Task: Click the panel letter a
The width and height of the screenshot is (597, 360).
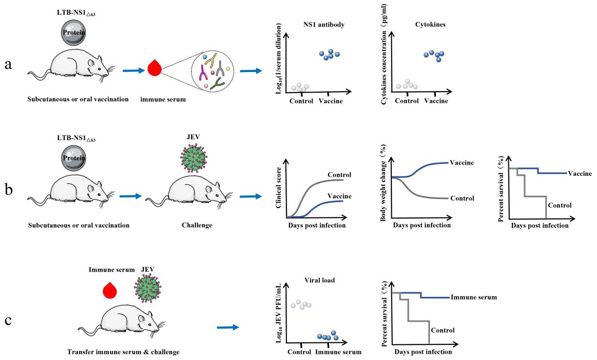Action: coord(8,66)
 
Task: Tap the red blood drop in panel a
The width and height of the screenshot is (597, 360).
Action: coord(155,68)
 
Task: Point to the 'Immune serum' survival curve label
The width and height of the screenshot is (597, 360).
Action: coord(474,297)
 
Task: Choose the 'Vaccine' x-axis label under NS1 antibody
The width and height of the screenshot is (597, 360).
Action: coord(331,101)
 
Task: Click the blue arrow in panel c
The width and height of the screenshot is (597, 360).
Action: coord(228,327)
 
